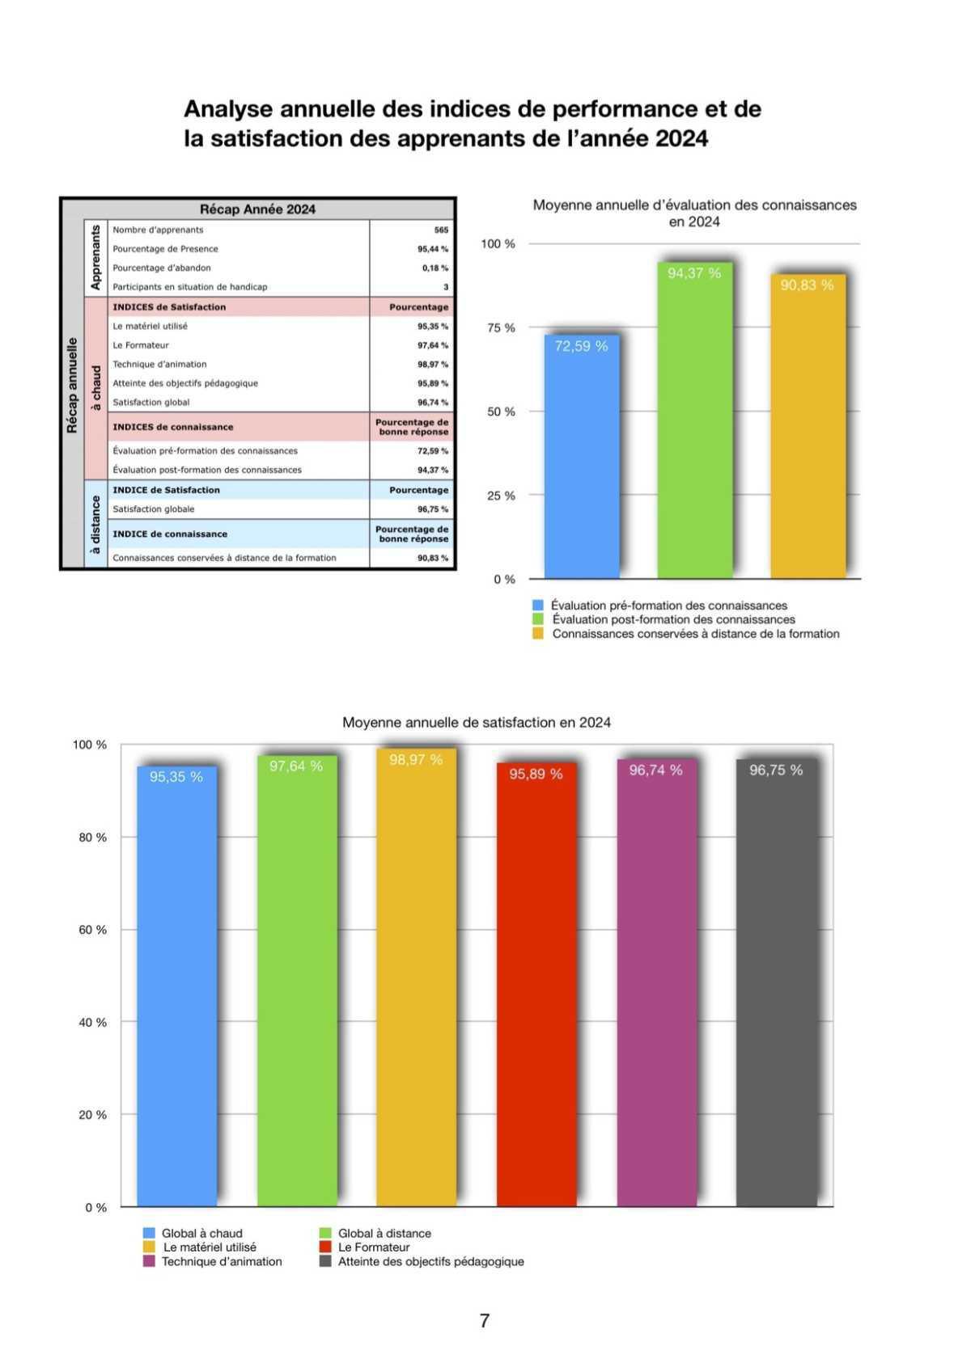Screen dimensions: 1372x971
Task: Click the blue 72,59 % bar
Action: (581, 457)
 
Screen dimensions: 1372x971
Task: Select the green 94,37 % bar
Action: (694, 420)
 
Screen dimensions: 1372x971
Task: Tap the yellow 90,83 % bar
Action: (807, 427)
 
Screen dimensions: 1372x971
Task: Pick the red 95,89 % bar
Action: (536, 985)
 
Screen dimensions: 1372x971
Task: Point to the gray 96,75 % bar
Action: (775, 982)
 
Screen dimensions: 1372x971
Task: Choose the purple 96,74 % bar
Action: (655, 982)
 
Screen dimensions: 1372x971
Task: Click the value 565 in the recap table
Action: (441, 230)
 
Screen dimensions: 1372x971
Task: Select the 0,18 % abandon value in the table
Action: (435, 268)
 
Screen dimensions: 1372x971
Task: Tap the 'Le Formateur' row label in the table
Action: (141, 345)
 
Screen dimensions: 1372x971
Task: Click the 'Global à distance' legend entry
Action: (384, 1233)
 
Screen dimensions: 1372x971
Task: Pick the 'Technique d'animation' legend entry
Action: (221, 1261)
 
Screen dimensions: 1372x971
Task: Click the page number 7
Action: (485, 1320)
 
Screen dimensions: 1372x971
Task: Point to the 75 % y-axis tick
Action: (500, 327)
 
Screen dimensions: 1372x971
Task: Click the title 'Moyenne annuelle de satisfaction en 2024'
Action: (477, 722)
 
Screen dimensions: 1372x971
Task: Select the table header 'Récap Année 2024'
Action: (257, 209)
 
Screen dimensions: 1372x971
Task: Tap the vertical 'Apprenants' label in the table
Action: (95, 258)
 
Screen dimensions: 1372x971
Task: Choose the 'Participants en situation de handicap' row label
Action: (190, 287)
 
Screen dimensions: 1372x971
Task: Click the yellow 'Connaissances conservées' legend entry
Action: (694, 634)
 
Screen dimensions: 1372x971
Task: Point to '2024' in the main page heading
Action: (681, 139)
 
